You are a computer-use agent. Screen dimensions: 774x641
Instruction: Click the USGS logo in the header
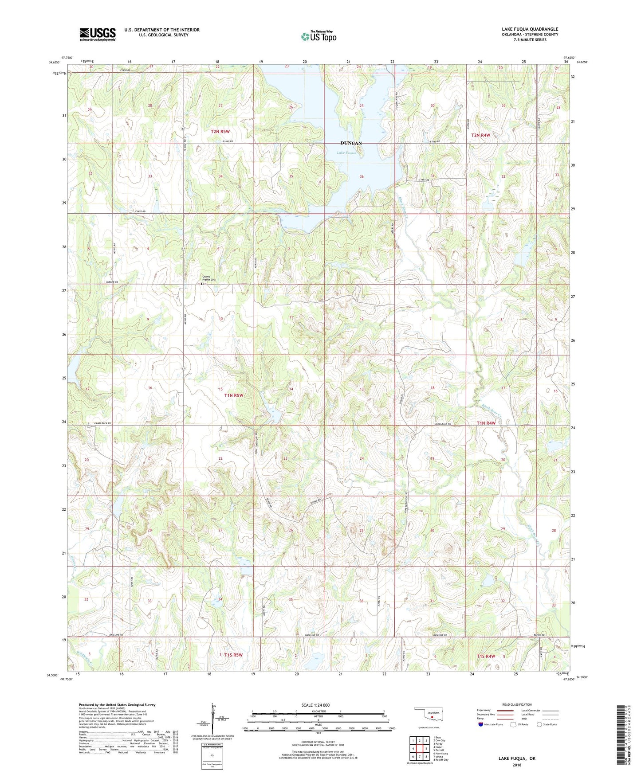pos(98,34)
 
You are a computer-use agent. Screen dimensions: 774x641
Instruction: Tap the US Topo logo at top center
pos(319,36)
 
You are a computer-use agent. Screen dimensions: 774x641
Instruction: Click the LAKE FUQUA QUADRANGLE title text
pos(530,29)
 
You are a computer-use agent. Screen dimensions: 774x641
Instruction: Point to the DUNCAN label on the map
pos(351,143)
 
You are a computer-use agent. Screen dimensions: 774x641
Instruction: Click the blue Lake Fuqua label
pos(346,153)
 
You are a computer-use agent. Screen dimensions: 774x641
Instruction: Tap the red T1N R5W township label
pos(234,395)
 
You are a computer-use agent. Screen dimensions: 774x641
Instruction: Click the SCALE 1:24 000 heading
pos(315,705)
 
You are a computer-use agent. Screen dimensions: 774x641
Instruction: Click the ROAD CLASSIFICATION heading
pos(517,704)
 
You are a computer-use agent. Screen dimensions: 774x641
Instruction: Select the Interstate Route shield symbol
pos(481,724)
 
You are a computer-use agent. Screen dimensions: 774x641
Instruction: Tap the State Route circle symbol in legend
pos(539,724)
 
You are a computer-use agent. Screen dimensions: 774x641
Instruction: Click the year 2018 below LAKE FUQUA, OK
pos(516,765)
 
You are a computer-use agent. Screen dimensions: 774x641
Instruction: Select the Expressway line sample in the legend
pos(504,710)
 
